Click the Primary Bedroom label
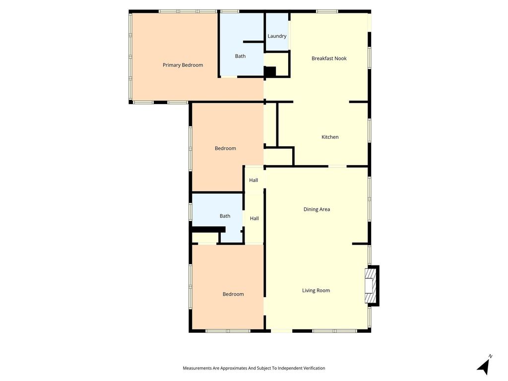[x=183, y=65]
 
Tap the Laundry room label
[x=277, y=36]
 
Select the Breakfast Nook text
[x=329, y=59]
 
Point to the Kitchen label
[x=330, y=137]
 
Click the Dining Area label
[x=317, y=209]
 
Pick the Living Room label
[x=316, y=291]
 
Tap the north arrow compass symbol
[x=484, y=367]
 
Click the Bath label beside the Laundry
[x=240, y=56]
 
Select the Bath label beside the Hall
[x=225, y=216]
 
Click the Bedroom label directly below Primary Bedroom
[x=225, y=148]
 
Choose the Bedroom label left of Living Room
[x=233, y=294]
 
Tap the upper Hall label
[x=254, y=180]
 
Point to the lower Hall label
[x=254, y=218]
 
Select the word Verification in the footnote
[x=314, y=368]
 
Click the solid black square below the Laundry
[x=270, y=71]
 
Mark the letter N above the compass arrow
[x=491, y=356]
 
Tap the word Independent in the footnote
[x=289, y=368]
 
